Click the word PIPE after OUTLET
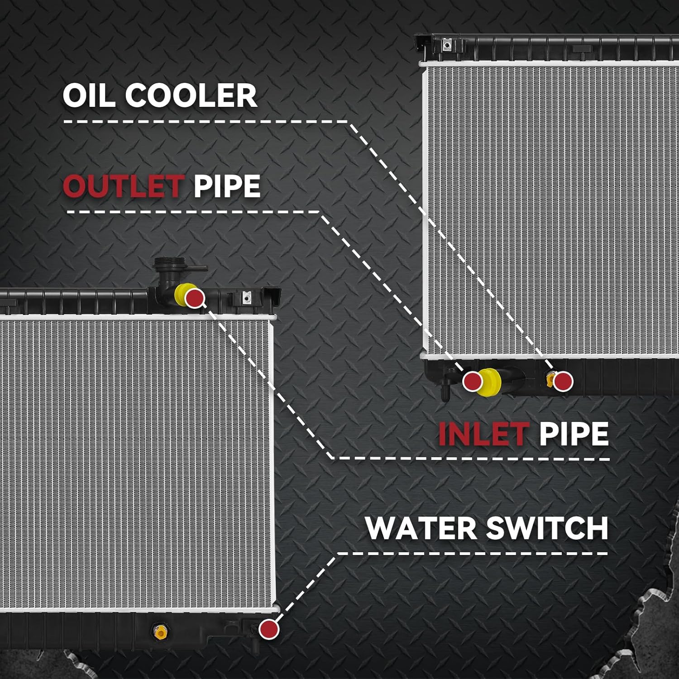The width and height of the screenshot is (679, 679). [x=227, y=186]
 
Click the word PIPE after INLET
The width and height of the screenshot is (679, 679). [x=574, y=433]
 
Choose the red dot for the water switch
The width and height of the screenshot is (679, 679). [x=268, y=629]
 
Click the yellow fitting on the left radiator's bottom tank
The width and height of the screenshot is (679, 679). [x=159, y=631]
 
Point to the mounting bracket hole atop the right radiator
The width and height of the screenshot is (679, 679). [x=447, y=45]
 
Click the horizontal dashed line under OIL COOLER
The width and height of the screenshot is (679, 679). [x=206, y=121]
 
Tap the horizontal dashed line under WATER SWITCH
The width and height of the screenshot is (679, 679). [x=473, y=553]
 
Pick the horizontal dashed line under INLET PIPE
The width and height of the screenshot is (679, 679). [x=471, y=459]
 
